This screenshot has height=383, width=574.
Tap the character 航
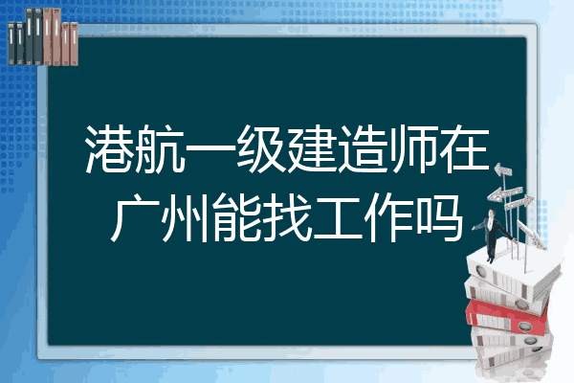pos(161,148)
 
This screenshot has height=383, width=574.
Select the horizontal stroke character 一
pos(211,149)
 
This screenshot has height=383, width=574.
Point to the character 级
pos(262,148)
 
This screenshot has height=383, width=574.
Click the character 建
pos(312,148)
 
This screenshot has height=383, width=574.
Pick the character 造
pos(363,148)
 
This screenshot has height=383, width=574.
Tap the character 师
pos(413,148)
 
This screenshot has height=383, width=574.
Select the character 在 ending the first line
pos(464,148)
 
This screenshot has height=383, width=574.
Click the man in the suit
pos(493,235)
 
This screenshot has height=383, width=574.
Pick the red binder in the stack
pos(507,316)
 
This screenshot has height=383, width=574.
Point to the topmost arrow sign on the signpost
pos(502,170)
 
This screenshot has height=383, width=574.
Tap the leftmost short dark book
pos(11,43)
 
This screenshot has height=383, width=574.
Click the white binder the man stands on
pos(513,271)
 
